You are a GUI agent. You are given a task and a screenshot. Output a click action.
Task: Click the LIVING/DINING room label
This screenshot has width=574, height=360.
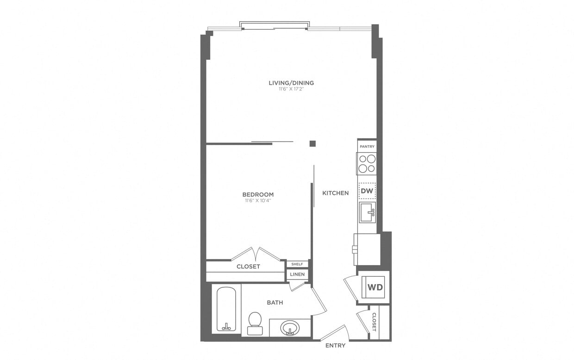291,83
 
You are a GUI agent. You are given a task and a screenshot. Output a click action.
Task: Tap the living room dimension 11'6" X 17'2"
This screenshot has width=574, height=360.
291,89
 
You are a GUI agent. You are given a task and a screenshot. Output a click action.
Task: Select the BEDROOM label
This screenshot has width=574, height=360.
258,195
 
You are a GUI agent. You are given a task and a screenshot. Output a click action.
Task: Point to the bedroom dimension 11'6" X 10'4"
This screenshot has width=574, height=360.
258,201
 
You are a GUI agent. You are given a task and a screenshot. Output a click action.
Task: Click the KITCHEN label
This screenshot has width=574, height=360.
336,193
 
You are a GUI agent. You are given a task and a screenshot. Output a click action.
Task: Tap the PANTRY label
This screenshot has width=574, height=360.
367,147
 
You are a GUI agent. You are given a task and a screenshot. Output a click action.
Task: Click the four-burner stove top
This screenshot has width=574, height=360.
367,163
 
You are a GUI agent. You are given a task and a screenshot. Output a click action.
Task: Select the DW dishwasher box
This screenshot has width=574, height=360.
367,191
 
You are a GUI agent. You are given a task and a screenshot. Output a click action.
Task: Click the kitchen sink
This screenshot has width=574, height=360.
367,212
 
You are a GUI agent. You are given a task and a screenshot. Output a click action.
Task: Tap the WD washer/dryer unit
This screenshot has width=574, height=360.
375,287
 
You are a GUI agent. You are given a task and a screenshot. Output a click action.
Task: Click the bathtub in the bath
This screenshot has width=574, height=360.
227,309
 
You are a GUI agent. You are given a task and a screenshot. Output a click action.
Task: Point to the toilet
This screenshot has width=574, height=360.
254,322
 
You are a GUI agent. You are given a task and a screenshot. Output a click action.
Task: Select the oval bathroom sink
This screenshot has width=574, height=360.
290,328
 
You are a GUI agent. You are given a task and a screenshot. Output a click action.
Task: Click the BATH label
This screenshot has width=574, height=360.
275,303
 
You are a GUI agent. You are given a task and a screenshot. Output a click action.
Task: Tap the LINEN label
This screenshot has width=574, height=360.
297,274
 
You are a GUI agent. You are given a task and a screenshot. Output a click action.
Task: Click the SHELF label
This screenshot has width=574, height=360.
297,264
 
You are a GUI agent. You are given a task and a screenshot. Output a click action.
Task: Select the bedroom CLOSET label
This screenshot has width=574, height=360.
248,267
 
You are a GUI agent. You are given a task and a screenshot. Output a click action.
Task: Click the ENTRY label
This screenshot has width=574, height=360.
335,346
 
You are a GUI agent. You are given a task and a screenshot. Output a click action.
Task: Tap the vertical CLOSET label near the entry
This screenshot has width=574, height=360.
374,322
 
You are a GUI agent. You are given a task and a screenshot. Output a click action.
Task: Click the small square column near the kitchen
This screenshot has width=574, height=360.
313,143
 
